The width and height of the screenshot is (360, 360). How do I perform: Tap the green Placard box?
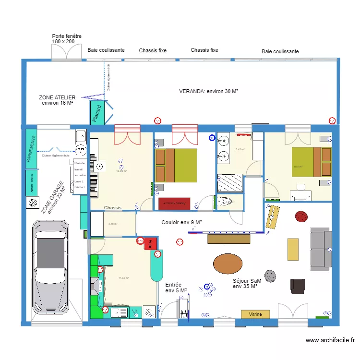[x=97, y=114]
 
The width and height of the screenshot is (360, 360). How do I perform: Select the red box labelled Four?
[x=151, y=243]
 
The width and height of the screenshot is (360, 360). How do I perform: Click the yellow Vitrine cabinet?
[x=255, y=314]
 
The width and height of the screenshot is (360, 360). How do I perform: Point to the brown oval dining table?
[x=228, y=264]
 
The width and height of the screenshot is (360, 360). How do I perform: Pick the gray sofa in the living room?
[x=321, y=249]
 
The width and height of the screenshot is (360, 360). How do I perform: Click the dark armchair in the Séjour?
[x=297, y=285]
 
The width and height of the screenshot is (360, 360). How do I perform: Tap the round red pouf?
[x=301, y=217]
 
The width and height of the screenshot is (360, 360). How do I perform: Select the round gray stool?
[x=270, y=276]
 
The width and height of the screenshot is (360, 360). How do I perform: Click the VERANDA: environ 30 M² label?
[x=209, y=91]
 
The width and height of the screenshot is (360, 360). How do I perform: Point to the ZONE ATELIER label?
[x=57, y=100]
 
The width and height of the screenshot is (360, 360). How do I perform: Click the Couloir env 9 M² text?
[x=181, y=222]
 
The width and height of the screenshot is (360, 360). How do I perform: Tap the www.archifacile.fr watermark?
[x=330, y=340]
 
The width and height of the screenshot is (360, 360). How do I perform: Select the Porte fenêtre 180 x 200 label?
[x=67, y=39]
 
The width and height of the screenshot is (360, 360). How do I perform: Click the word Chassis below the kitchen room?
[x=113, y=208]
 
